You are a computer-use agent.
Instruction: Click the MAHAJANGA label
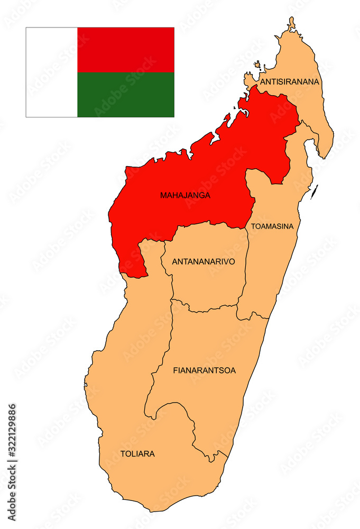185,195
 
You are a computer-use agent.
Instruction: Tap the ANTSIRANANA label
290,81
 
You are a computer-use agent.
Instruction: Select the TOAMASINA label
272,226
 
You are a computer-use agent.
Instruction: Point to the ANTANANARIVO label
204,261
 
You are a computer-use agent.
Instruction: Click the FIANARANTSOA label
204,370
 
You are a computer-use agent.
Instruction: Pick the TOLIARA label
137,453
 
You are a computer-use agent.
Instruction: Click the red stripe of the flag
125,50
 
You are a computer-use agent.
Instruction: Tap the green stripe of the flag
125,94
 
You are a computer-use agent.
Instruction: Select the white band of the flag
51,72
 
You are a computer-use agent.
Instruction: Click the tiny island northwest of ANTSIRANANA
257,65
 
